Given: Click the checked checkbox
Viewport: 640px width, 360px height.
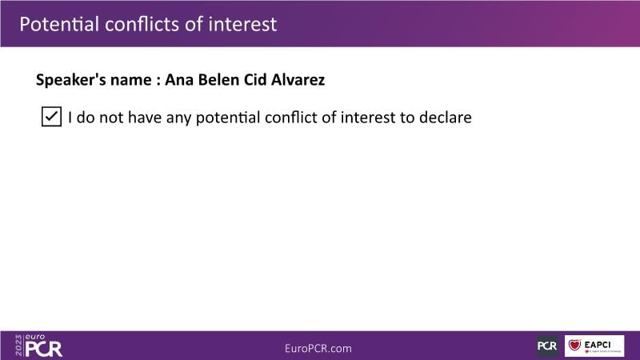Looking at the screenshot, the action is [x=51, y=117].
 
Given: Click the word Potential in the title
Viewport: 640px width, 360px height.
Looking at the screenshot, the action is [x=59, y=24].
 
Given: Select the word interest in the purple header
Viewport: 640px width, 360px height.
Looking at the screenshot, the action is [x=242, y=24].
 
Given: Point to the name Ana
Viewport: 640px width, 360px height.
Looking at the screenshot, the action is [x=179, y=79].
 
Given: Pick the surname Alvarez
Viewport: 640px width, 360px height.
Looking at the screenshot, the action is [x=298, y=79].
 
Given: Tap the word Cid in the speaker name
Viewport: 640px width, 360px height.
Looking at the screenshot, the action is [x=255, y=79].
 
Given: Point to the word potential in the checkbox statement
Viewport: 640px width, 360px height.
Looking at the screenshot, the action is [x=228, y=118].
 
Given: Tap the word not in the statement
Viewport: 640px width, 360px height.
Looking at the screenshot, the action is [x=111, y=118].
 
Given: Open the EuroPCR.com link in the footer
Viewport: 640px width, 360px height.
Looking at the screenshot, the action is [x=318, y=348].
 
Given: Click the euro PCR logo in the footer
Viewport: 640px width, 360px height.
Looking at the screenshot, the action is [x=38, y=346].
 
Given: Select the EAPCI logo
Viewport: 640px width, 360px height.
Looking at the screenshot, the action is [x=594, y=346].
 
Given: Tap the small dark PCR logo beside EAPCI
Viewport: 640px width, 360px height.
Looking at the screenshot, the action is [x=547, y=346].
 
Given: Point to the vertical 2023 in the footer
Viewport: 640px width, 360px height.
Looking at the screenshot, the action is [x=18, y=346].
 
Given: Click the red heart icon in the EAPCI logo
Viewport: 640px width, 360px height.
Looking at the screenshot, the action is [x=574, y=345].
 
